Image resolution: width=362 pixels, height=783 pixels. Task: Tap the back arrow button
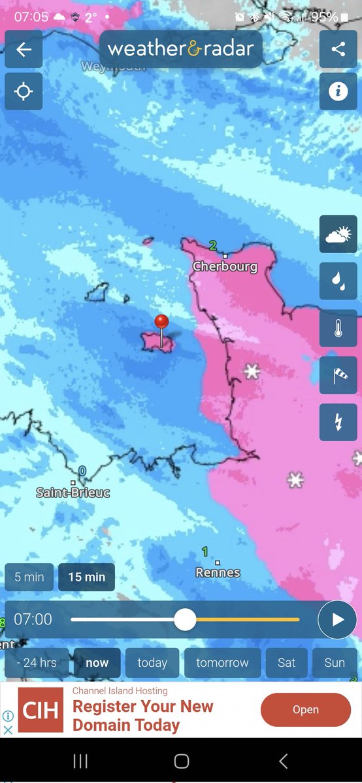coord(24,50)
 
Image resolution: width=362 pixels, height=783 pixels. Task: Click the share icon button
coord(338,50)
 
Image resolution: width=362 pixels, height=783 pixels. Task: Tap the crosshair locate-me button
coord(24,91)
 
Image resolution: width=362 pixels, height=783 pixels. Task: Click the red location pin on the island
coord(161,322)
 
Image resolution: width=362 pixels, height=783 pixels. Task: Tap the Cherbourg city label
coord(225,267)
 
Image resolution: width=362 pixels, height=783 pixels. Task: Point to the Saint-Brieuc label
coord(73,493)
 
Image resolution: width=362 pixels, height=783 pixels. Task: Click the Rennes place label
coord(218,572)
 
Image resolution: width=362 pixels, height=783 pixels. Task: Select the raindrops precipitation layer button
coord(338,281)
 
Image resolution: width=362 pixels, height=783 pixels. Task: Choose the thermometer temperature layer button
coord(338,328)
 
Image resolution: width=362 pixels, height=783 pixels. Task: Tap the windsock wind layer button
coord(338,375)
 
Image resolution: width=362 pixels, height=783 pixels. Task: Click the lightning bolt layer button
coord(338,422)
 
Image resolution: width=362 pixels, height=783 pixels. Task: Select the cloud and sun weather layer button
coord(338,234)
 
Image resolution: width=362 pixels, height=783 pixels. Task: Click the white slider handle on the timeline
coord(185,619)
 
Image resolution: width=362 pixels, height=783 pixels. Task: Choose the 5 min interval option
coord(29,577)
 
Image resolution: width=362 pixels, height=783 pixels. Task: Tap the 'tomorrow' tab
coord(222,662)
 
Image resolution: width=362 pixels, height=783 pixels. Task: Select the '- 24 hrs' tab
coord(37,662)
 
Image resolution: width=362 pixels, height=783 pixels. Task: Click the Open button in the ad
coord(305,710)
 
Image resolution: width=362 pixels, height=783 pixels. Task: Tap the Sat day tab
coord(286,662)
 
